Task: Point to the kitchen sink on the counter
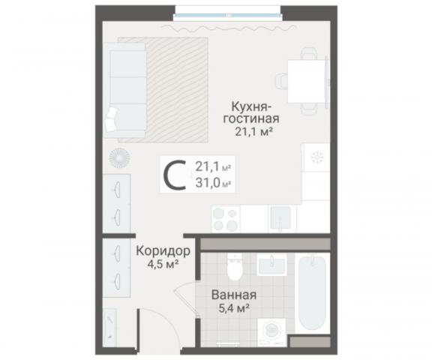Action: coord(280,218)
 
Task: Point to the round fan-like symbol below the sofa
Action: coord(119,158)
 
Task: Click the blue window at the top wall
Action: coord(228,12)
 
